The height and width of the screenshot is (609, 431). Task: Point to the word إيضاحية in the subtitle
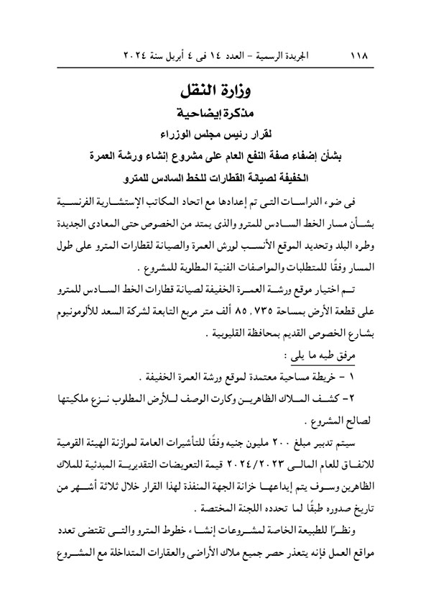pos(203,114)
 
